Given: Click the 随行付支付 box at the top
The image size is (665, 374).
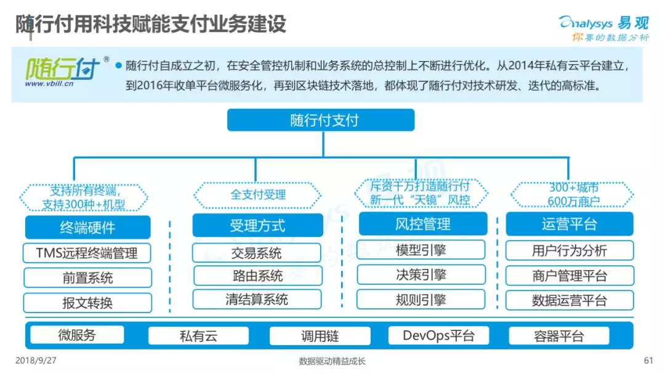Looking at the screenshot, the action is (x=321, y=120).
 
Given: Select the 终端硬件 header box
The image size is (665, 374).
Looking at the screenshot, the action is (x=87, y=227).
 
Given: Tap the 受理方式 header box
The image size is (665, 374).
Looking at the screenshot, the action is (x=257, y=226).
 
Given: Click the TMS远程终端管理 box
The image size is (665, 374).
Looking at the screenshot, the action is (x=87, y=253).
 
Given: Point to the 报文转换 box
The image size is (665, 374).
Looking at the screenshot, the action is (x=87, y=303).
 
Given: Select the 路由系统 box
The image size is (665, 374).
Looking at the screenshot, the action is (x=257, y=276).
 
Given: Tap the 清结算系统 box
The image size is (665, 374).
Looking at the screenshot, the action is (x=257, y=300).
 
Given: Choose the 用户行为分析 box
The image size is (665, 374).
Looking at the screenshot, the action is (x=569, y=250).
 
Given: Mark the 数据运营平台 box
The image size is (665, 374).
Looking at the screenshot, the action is (x=569, y=300).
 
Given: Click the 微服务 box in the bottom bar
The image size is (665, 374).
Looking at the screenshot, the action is (x=77, y=335).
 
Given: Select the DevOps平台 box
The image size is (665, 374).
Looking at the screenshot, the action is (x=438, y=335).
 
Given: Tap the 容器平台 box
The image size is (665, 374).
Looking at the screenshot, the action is (x=558, y=336).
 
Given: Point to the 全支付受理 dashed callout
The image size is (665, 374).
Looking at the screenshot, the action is (x=258, y=195).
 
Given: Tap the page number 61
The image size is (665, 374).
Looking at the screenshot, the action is (x=647, y=360).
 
